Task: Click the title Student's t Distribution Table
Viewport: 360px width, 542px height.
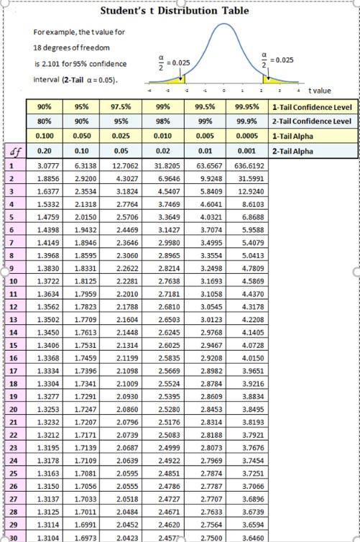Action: tap(175, 11)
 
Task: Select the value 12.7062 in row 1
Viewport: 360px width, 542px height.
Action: tap(125, 165)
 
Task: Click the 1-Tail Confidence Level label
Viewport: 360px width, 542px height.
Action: tap(312, 107)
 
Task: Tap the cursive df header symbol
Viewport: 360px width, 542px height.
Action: tap(12, 151)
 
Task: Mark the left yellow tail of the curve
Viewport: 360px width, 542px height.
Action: tap(175, 78)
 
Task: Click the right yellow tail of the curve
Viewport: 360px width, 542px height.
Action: tap(272, 78)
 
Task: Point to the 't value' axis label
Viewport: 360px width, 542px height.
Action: tap(319, 91)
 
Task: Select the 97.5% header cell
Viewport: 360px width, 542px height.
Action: tap(125, 107)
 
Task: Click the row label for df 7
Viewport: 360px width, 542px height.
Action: tap(12, 242)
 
